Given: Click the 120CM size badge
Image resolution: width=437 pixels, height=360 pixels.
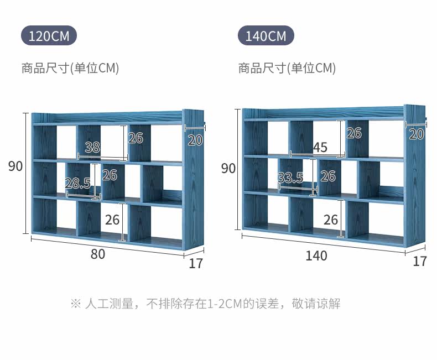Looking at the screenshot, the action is point(49,36).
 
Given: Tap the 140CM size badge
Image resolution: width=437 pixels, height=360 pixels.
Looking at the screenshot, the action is point(266,36).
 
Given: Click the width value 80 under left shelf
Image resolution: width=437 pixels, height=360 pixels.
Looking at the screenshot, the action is point(97,254).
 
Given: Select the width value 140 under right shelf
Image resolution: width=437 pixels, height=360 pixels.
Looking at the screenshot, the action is point(316,255).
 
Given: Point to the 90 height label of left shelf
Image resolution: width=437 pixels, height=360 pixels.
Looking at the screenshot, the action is point(15,166).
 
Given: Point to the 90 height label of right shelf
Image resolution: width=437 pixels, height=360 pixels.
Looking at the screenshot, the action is point(228,169).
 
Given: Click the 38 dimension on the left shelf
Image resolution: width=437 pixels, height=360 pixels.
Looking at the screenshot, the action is point(92,147).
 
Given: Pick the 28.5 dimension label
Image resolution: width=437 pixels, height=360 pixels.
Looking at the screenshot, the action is point(77,184).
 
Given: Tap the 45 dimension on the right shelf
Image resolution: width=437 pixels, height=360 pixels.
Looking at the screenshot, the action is point(320,148).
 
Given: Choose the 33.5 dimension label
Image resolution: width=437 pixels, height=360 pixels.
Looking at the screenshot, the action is point(290,178).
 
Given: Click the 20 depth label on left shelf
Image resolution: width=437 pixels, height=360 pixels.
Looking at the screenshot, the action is point(195,140).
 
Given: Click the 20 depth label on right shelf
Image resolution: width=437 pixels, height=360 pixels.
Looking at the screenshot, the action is point(417,134).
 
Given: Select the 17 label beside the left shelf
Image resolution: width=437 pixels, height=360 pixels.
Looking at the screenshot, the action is point(196,263).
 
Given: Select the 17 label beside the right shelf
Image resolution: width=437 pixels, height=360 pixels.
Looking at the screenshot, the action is point(420,261).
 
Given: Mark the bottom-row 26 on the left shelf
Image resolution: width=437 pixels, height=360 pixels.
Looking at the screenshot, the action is point(112,220).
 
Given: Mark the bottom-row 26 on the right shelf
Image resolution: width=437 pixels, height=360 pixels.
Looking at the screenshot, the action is point(331,220).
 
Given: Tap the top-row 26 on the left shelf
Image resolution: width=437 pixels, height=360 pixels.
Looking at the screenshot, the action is point(136,137).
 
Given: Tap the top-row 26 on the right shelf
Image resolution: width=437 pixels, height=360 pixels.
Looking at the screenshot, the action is point(354,133).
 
